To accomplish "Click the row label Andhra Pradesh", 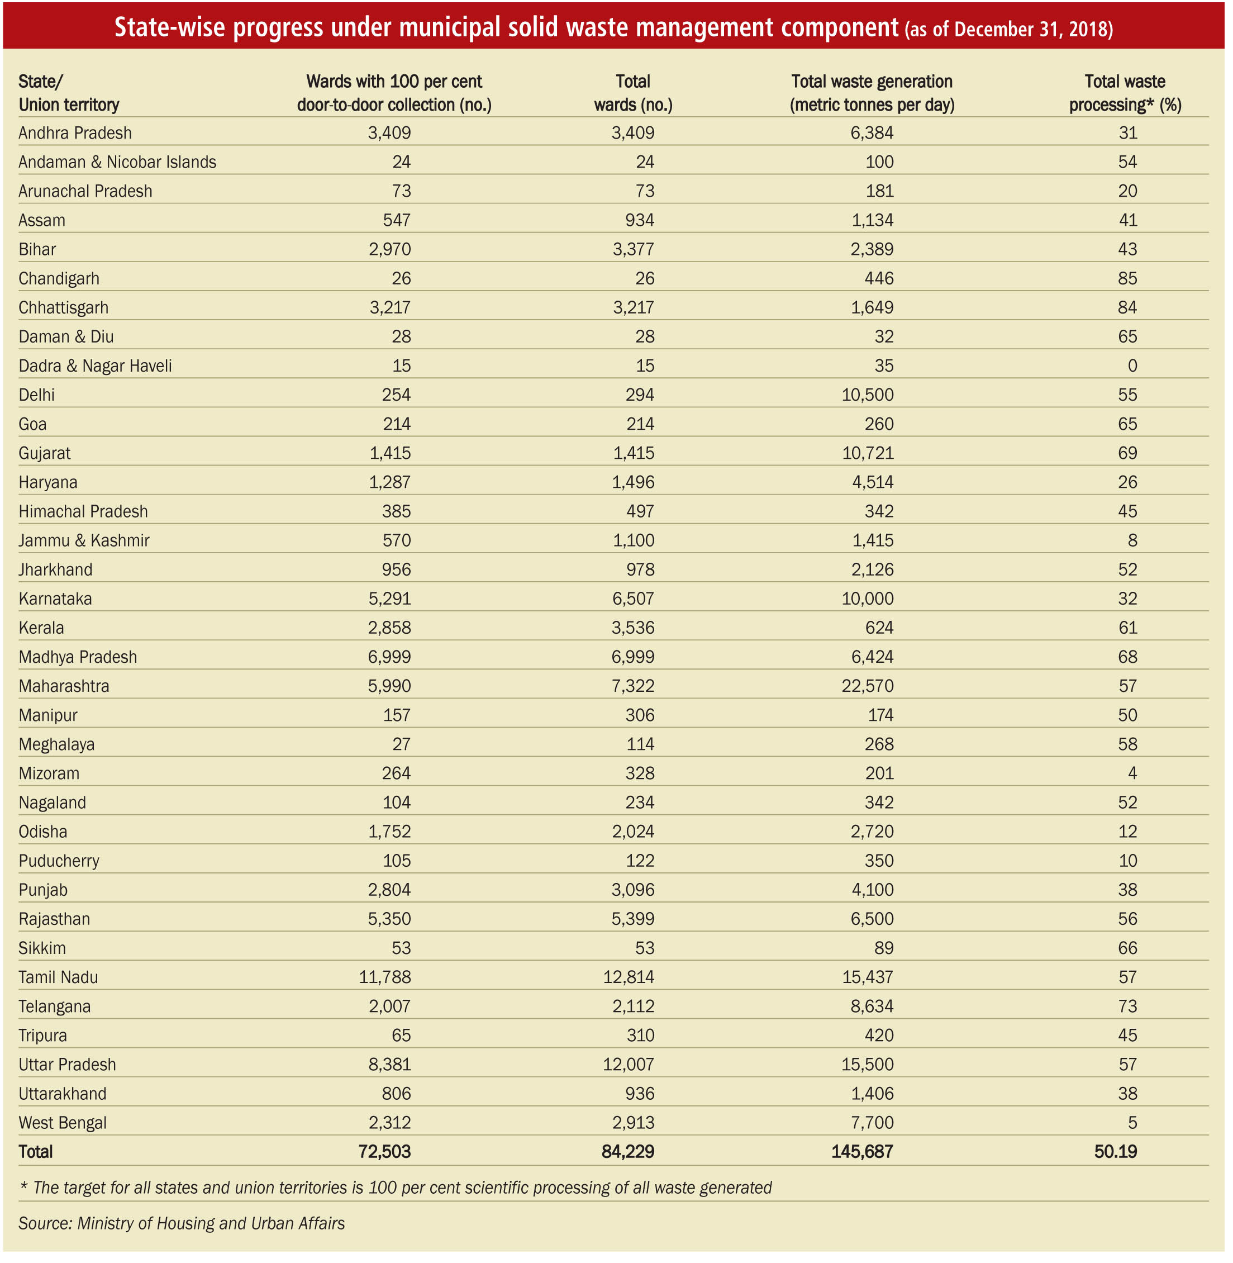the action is click(x=75, y=133).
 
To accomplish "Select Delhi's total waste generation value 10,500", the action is click(x=867, y=395).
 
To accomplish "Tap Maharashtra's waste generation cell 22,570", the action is click(x=867, y=686).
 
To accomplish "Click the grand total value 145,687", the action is click(x=862, y=1152).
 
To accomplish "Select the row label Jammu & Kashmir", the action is click(x=84, y=540).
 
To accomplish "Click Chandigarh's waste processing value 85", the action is click(x=1127, y=278).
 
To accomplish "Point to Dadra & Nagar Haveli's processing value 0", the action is click(x=1132, y=366).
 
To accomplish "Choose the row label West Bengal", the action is click(x=63, y=1123).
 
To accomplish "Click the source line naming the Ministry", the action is click(x=182, y=1223).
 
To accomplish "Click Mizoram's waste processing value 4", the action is click(x=1132, y=773).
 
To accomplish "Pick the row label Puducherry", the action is click(x=59, y=861).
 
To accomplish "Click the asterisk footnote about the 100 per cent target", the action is click(x=396, y=1187).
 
